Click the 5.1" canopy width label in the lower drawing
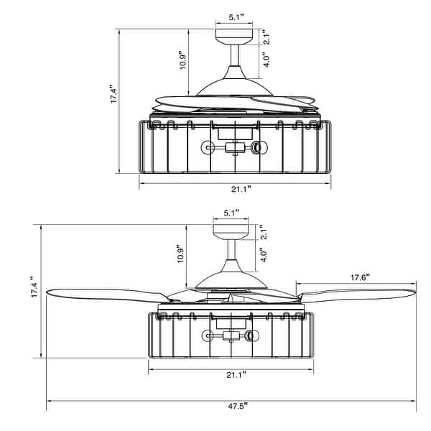coord(231,213)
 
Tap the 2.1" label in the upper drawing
coord(264,37)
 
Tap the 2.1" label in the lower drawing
coord(264,231)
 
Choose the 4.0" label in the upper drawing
coord(265,60)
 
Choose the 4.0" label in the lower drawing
coord(264,254)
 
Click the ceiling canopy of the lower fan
coord(231,230)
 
